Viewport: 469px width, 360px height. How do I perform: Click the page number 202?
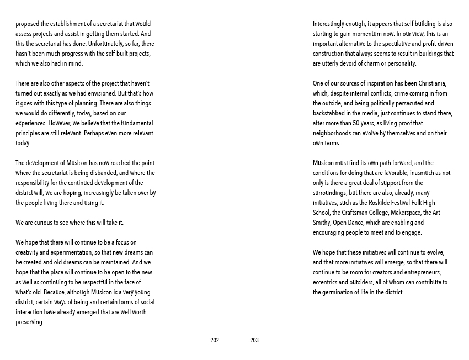(x=215, y=341)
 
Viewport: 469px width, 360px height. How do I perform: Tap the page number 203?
(x=254, y=341)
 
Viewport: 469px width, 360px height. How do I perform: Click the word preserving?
(x=29, y=322)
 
